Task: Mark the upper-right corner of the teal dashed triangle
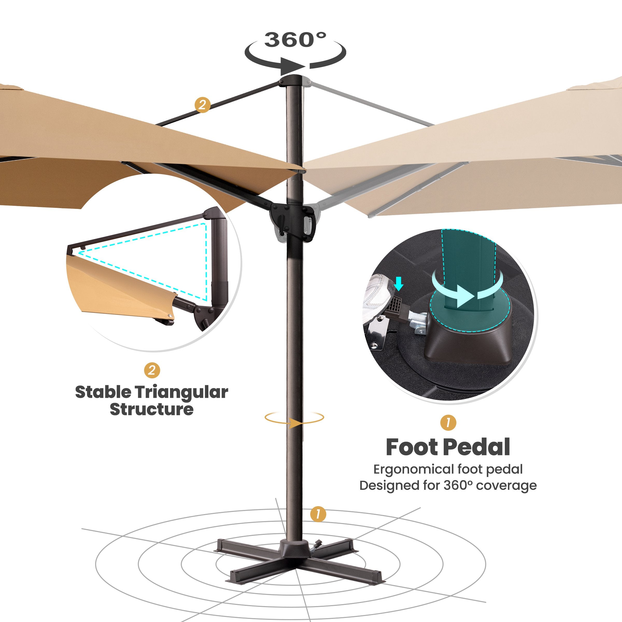[x=205, y=223]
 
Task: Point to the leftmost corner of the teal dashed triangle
[x=77, y=253]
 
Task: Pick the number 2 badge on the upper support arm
[x=202, y=105]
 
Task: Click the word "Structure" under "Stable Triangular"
[x=152, y=409]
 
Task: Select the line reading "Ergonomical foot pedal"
[x=448, y=469]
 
